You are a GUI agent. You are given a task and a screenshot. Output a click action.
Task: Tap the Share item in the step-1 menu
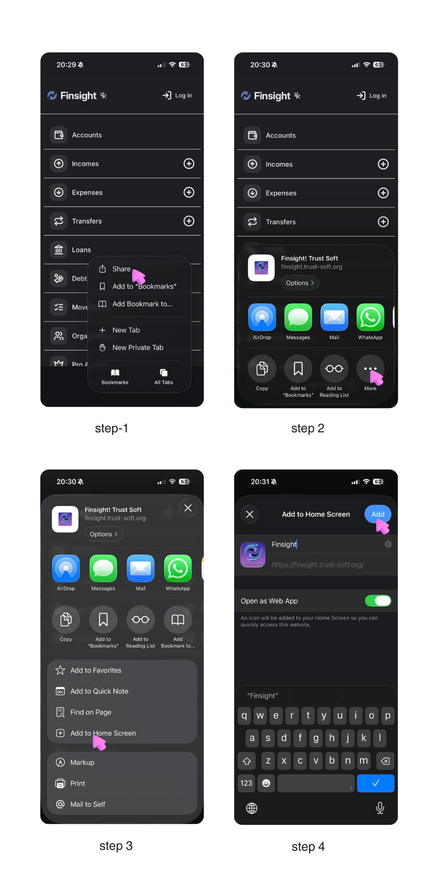[121, 269]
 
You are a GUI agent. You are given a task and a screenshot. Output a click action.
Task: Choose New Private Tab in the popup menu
[138, 348]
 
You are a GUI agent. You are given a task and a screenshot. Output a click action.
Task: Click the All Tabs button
[163, 376]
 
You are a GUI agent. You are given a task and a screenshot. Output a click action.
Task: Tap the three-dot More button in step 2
[370, 369]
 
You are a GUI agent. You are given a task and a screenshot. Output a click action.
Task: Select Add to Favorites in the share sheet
[96, 670]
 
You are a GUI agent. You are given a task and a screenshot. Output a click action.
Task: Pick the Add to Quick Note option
[99, 691]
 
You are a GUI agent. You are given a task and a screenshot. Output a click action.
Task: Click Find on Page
[90, 712]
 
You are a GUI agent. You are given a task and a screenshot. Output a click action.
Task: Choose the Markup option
[82, 762]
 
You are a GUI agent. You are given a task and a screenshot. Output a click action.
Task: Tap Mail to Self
[87, 804]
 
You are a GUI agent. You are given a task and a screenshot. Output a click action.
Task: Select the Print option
[77, 784]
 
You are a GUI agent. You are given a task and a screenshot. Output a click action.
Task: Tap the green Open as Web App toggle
[378, 601]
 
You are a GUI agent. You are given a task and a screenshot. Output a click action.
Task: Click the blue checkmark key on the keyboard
[375, 783]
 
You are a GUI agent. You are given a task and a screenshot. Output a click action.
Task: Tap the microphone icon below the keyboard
[380, 808]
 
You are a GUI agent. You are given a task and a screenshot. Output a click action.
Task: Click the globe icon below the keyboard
[252, 808]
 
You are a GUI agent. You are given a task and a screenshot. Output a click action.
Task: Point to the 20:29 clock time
[66, 65]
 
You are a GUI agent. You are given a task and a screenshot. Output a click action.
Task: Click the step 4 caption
[308, 847]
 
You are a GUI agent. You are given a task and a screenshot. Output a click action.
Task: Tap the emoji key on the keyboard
[266, 783]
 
